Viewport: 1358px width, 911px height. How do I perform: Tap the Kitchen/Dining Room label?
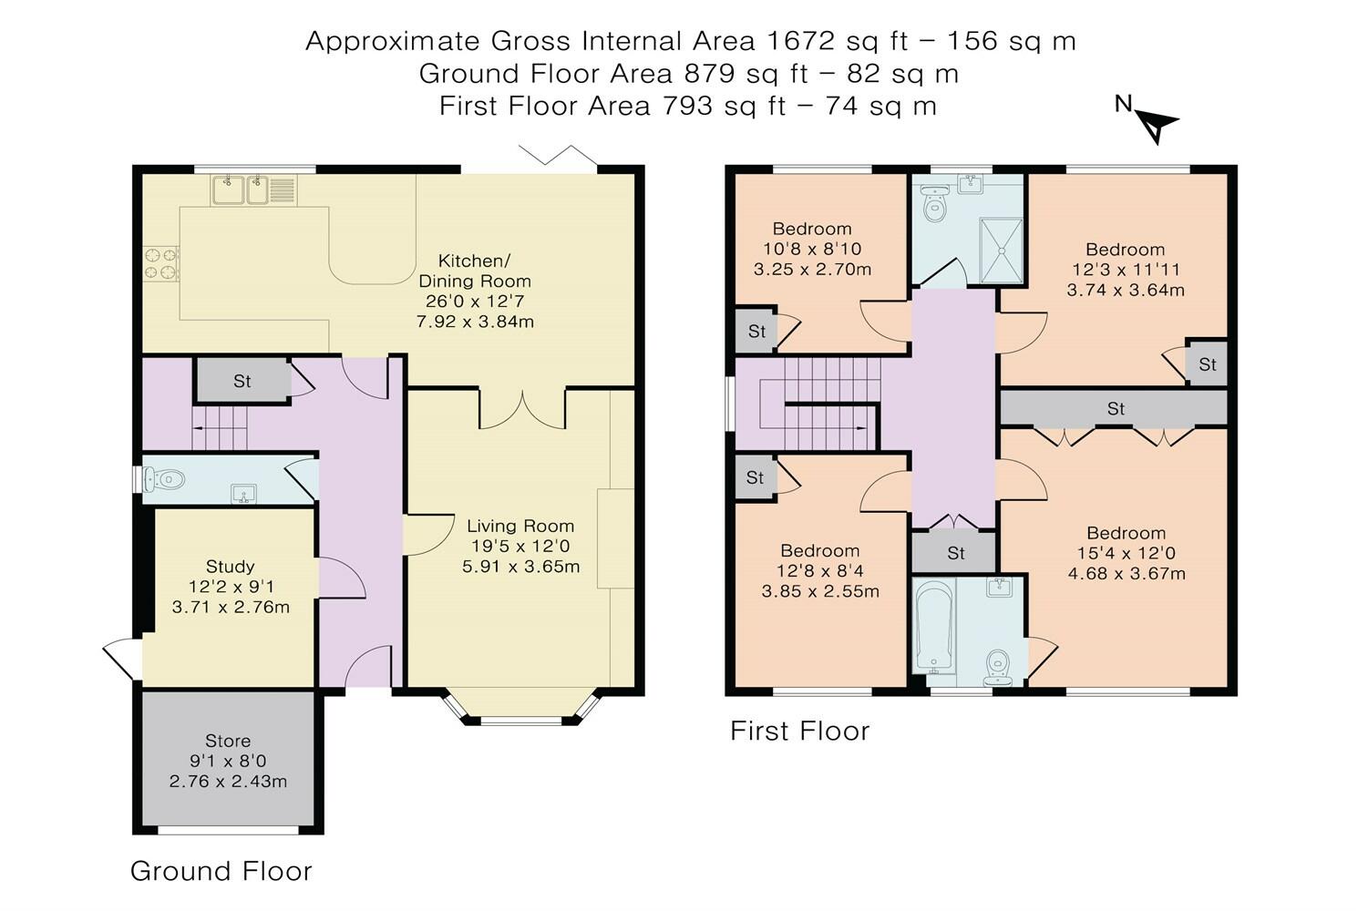(475, 291)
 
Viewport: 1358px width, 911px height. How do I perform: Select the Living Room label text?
(520, 546)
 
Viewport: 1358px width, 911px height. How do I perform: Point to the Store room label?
(228, 761)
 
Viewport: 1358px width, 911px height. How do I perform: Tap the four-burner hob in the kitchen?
(161, 263)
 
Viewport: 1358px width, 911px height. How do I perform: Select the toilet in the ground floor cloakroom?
(165, 478)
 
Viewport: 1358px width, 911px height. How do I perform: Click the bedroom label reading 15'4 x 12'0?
(1127, 553)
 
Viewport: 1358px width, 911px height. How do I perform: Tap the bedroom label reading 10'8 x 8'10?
(812, 249)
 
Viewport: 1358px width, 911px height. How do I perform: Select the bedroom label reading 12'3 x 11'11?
(1126, 270)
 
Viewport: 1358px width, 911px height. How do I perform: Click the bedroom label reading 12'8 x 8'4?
(820, 570)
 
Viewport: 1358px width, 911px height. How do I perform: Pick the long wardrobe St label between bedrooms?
(1116, 409)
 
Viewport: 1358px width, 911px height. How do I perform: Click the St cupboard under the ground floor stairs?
(242, 381)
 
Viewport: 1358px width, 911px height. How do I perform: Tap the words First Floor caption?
(799, 731)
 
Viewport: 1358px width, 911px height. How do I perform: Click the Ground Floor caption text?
(221, 871)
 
